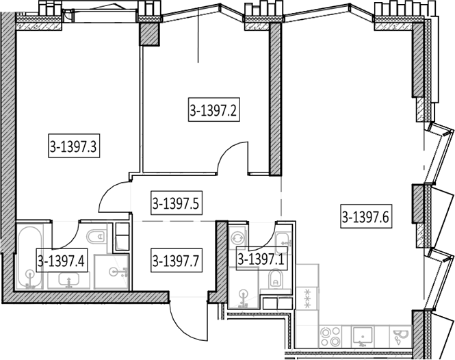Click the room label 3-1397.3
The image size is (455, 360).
74,146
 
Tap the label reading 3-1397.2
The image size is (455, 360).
214,110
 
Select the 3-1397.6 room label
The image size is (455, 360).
365,216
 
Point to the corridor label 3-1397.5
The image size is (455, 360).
176,203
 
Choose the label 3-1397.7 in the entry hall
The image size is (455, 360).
176,261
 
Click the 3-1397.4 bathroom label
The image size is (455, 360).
62,260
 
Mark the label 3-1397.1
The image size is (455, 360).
261,258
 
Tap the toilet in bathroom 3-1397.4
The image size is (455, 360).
96,236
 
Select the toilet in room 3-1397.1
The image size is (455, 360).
275,278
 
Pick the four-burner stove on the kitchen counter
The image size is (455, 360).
330,336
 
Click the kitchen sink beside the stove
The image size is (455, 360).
362,336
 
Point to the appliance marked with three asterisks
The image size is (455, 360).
307,298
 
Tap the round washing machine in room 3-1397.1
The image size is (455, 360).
237,238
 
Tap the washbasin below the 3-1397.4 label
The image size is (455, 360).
69,281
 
